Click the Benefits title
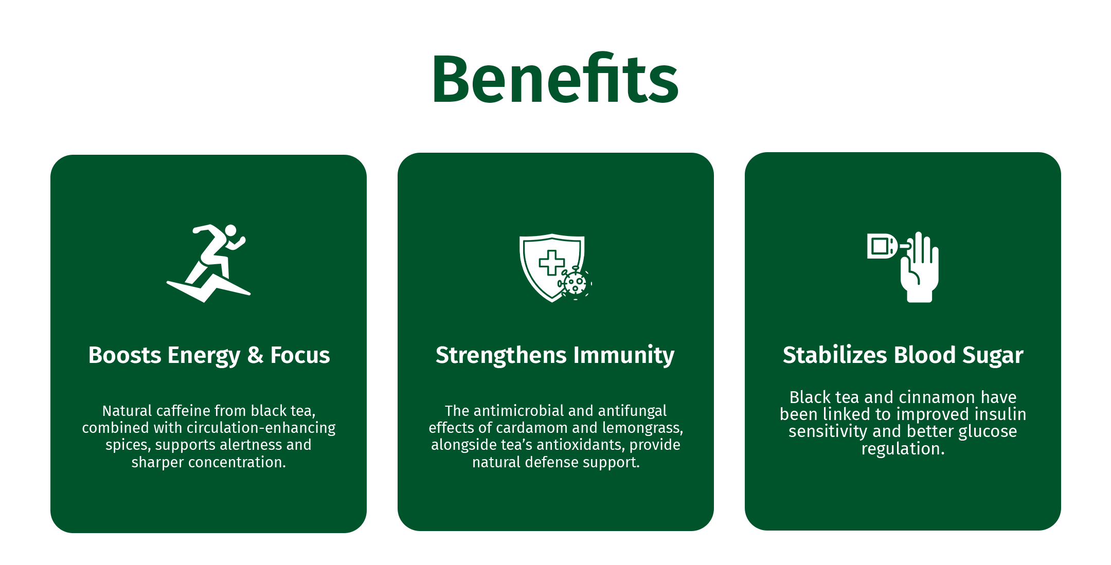(x=555, y=79)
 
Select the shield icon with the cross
(x=552, y=268)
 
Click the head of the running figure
(x=230, y=230)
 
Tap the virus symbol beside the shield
(x=575, y=283)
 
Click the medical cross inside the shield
(x=552, y=263)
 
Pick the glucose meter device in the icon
(x=883, y=246)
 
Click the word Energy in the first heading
(x=204, y=356)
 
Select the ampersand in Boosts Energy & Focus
(x=256, y=355)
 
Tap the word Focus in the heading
(x=300, y=355)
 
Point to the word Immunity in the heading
(x=624, y=356)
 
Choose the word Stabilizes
(x=835, y=355)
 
